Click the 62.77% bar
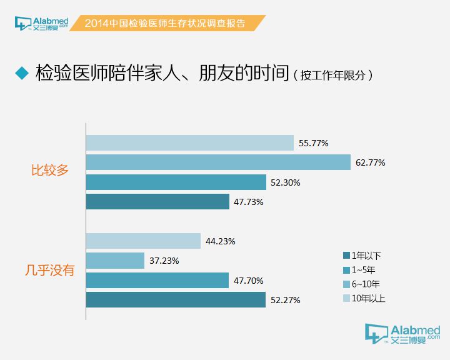click(x=218, y=162)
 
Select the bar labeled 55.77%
click(x=190, y=143)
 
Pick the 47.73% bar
click(x=158, y=202)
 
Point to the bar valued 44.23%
click(x=143, y=241)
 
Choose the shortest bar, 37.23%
click(x=115, y=261)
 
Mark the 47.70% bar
click(x=157, y=281)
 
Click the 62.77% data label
click(x=370, y=163)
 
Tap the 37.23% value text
click(x=164, y=261)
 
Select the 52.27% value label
click(x=286, y=301)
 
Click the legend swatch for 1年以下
click(x=346, y=256)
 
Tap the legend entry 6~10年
click(x=365, y=284)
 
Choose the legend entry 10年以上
click(x=367, y=298)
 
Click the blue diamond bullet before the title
click(x=22, y=74)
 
